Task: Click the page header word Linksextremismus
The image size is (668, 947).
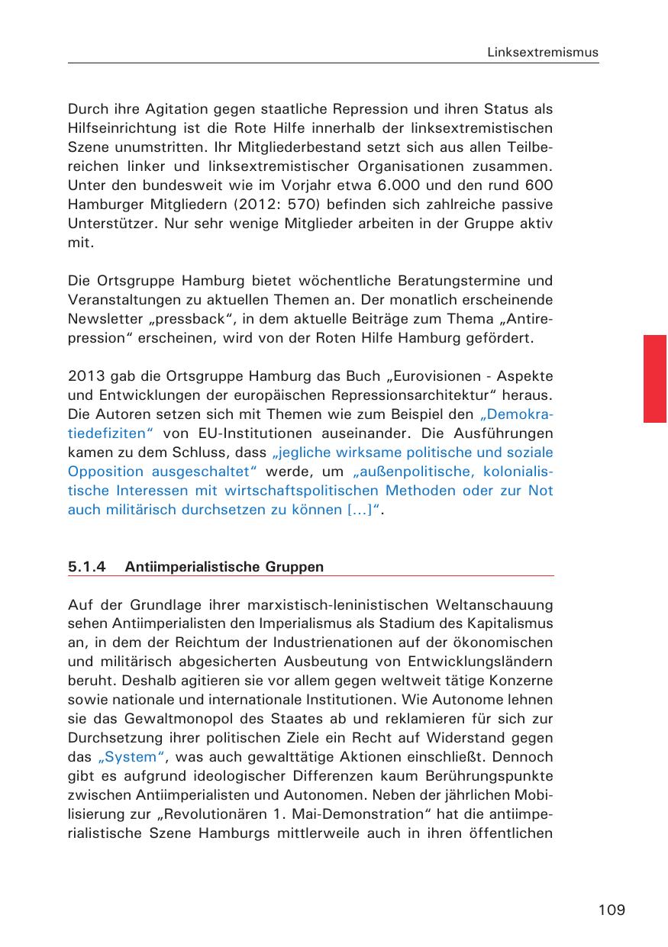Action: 543,53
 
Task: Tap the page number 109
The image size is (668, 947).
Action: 612,910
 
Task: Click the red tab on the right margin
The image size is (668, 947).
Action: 655,378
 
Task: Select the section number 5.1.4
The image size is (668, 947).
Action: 86,567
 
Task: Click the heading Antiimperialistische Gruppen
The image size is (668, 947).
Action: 224,567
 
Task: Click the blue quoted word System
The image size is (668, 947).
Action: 132,758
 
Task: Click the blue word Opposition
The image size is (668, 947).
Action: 105,472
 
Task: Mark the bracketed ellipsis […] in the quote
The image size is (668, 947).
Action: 358,510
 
